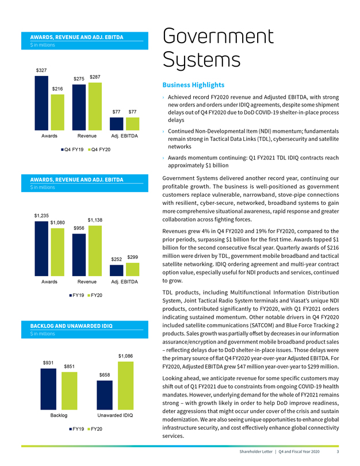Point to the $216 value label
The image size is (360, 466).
58,89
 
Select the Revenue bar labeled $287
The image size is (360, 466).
95,106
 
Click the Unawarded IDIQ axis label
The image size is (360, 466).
115,415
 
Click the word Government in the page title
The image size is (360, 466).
218,37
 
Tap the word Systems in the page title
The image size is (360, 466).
202,60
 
